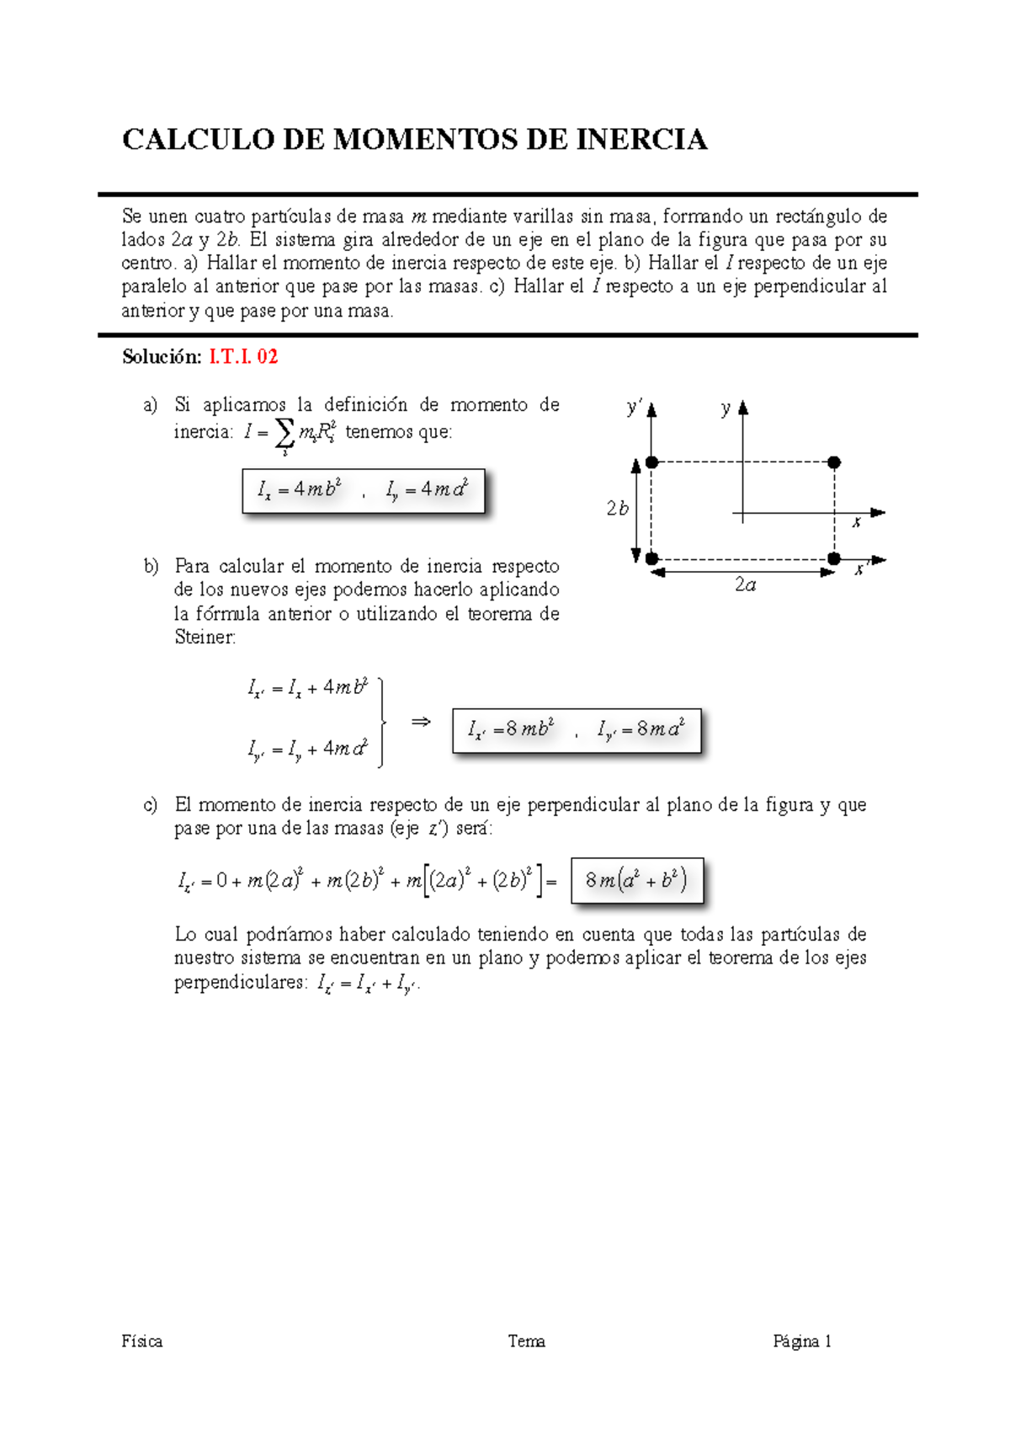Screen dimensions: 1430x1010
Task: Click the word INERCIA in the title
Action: point(641,140)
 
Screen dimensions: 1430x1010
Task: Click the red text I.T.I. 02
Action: point(243,357)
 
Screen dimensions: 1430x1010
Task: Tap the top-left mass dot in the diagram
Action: point(651,462)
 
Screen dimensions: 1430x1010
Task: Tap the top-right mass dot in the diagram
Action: point(834,462)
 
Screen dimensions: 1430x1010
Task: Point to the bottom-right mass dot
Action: point(834,558)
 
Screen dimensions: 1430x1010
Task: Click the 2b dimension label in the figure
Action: point(617,509)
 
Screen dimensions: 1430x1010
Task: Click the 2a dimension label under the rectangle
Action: point(745,585)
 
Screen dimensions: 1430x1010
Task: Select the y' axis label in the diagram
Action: point(634,408)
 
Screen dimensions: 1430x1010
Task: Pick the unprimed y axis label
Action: point(726,409)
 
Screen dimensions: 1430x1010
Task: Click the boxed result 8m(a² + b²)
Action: point(636,881)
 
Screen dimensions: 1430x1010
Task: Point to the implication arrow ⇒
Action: point(421,722)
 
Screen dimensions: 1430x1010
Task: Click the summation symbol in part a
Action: point(284,433)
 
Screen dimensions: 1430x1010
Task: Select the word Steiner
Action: point(204,638)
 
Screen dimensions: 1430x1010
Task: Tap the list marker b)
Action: point(151,566)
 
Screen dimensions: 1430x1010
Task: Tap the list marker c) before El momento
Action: point(151,805)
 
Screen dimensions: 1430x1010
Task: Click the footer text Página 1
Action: point(802,1342)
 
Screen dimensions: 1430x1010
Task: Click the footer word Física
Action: point(142,1342)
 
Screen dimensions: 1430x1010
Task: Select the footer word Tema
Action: point(527,1342)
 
